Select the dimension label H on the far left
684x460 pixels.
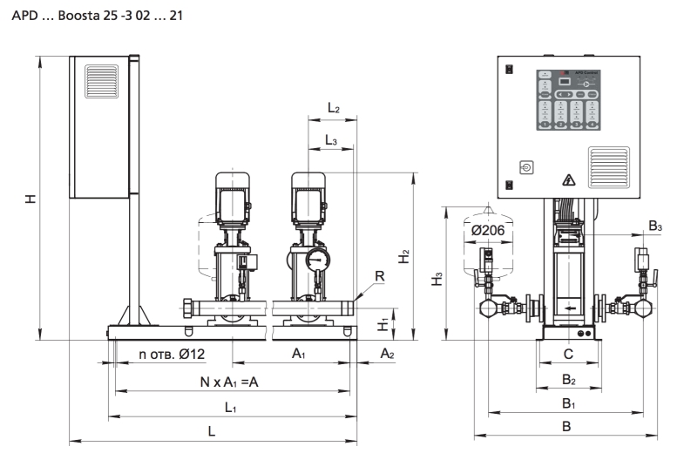31,199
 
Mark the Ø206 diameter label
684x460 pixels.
488,230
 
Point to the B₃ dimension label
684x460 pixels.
657,227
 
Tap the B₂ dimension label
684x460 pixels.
568,379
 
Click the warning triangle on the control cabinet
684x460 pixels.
569,180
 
